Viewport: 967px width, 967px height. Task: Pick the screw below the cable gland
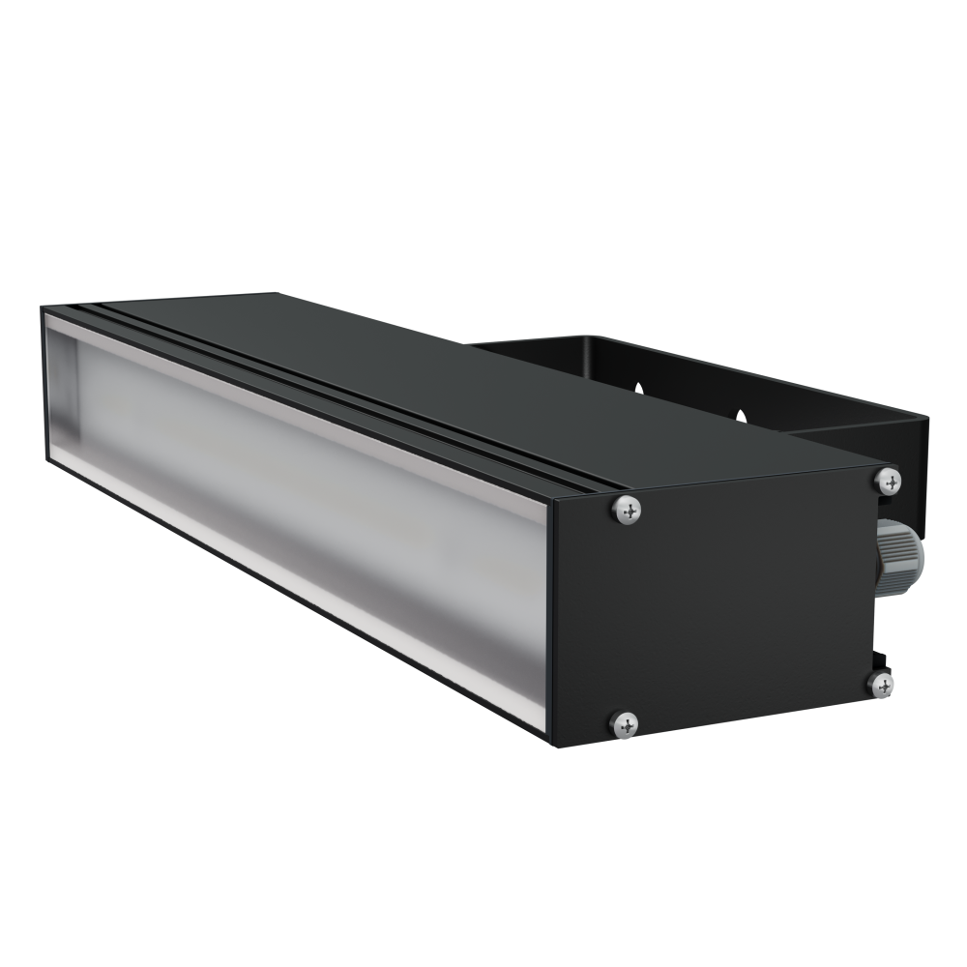point(882,685)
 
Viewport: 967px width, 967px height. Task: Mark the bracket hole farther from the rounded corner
point(742,416)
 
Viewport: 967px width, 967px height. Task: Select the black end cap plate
point(735,600)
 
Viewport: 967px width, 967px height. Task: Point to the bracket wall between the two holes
point(691,396)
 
